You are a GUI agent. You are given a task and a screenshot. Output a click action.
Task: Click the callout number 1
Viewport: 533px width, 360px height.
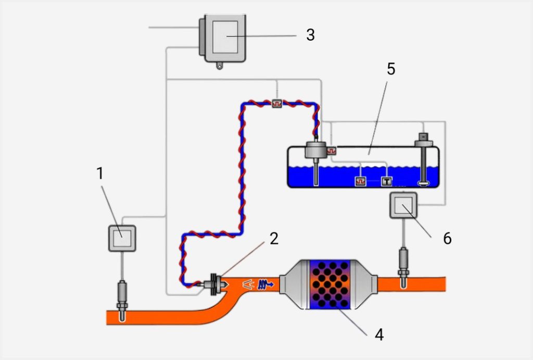point(99,173)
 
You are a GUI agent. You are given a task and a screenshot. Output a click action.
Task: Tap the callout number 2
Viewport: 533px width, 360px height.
point(274,239)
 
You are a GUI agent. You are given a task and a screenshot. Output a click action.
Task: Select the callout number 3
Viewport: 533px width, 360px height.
point(310,35)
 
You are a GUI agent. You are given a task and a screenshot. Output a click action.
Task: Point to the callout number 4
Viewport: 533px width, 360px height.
point(379,334)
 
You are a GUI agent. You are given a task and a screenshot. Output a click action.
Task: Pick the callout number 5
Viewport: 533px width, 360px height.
point(391,69)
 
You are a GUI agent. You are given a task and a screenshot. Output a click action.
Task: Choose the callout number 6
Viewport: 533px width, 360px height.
point(447,239)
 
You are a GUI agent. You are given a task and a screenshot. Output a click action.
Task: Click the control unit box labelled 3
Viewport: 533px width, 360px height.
point(223,38)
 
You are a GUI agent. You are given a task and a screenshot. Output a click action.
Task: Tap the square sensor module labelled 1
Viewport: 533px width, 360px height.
point(122,238)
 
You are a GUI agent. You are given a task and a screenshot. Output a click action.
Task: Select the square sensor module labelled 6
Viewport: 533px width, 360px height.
point(403,205)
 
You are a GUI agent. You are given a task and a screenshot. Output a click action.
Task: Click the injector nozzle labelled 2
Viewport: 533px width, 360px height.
point(215,284)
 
